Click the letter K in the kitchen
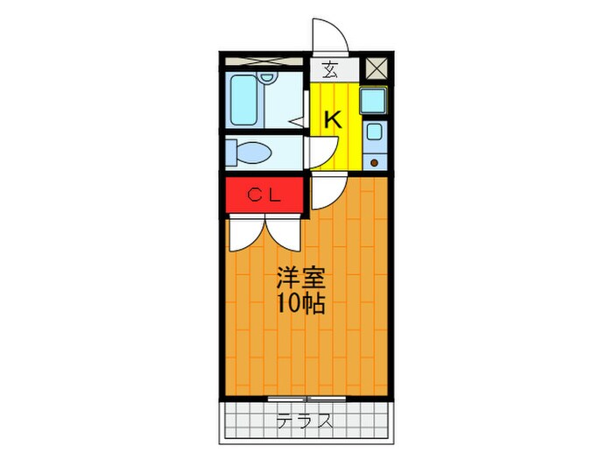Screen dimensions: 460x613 pos(333,120)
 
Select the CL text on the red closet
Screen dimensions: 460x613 pos(263,195)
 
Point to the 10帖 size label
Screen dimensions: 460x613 pos(302,305)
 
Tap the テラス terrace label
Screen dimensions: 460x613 pos(304,421)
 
